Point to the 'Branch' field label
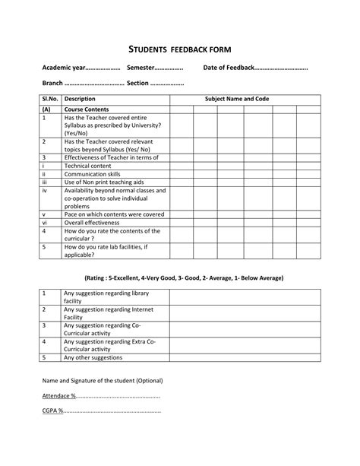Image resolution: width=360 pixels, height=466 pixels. [x=52, y=83]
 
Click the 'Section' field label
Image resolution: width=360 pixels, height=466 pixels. [x=142, y=83]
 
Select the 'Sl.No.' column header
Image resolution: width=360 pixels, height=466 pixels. [x=50, y=99]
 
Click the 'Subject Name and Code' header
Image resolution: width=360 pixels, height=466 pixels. [x=242, y=99]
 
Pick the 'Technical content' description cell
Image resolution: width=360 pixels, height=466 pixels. [x=88, y=165]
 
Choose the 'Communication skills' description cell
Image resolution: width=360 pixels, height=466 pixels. [x=93, y=173]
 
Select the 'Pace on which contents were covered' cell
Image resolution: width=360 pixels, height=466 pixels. [x=114, y=214]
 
